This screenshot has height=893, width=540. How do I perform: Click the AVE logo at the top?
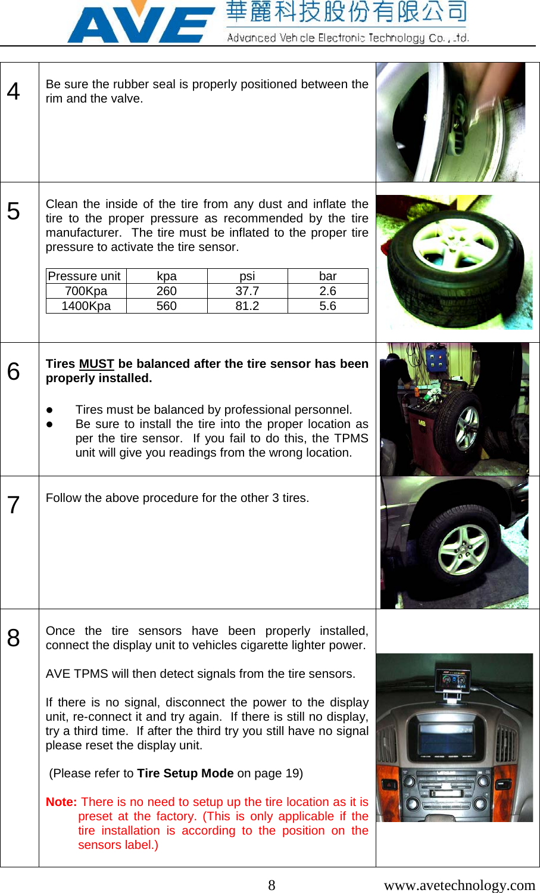141,23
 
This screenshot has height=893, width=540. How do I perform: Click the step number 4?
14,92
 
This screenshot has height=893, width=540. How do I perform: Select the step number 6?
14,371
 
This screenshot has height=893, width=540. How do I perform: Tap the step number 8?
14,638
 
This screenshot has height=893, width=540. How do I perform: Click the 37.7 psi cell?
247,291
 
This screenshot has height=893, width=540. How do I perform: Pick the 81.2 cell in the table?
247,306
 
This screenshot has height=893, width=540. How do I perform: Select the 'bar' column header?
327,276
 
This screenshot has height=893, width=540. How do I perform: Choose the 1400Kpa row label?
86,306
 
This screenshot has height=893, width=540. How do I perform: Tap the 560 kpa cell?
167,306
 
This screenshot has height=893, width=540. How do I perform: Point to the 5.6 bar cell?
327,306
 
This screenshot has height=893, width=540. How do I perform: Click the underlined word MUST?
96,364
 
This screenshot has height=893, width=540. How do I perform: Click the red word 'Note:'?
61,802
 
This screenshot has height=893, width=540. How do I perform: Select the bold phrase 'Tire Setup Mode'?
185,773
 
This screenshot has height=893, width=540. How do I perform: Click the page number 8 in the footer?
271,885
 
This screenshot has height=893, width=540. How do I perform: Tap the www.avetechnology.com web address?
460,885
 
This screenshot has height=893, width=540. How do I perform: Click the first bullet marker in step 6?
50,410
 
